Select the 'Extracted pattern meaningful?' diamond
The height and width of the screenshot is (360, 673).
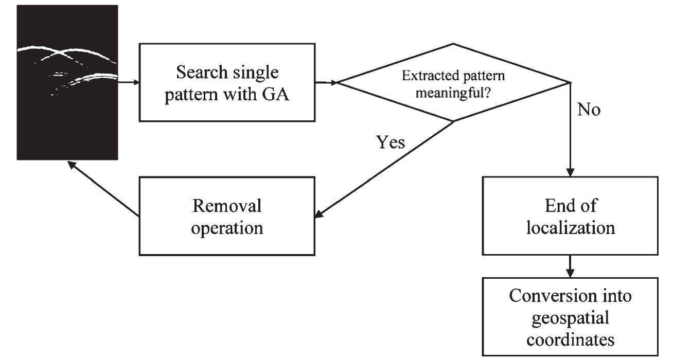pyautogui.click(x=453, y=83)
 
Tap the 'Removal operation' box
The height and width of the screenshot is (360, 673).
pyautogui.click(x=227, y=216)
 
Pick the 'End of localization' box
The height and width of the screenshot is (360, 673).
pyautogui.click(x=570, y=216)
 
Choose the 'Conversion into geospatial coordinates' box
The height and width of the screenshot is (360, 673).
pyautogui.click(x=570, y=316)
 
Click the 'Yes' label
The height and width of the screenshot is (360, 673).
pyautogui.click(x=391, y=142)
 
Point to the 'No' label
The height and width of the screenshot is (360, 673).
pyautogui.click(x=589, y=110)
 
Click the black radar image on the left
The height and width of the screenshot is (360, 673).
pyautogui.click(x=68, y=82)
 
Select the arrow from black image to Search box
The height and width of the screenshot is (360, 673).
pyautogui.click(x=129, y=82)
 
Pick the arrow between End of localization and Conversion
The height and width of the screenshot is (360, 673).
pyautogui.click(x=570, y=266)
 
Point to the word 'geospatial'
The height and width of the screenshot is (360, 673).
pyautogui.click(x=570, y=317)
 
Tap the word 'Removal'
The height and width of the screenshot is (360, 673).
pyautogui.click(x=227, y=206)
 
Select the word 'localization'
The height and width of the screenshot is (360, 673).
pyautogui.click(x=570, y=227)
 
